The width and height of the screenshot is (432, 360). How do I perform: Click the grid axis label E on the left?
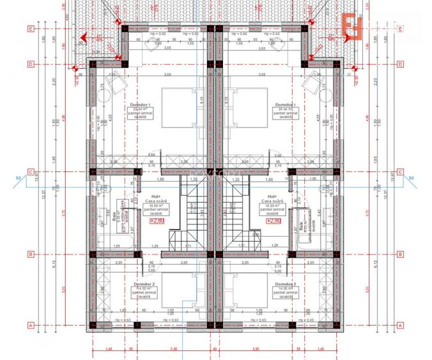(x=30, y=29)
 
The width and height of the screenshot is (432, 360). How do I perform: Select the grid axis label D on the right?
(x=400, y=64)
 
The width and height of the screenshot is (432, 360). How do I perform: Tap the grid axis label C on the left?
(x=30, y=171)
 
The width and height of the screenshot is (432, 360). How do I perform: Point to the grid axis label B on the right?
(x=400, y=254)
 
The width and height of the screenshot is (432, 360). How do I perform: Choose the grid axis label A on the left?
(x=30, y=324)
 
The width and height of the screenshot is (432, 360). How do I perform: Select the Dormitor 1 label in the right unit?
(x=284, y=104)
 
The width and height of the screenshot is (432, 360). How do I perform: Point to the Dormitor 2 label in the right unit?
(x=284, y=283)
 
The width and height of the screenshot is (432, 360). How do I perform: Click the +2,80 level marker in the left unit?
(x=157, y=221)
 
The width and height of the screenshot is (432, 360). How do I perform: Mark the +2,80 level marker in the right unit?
(x=274, y=221)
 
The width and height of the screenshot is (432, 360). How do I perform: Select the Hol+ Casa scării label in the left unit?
(x=155, y=200)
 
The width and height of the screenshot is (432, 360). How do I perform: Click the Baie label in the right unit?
(x=301, y=226)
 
